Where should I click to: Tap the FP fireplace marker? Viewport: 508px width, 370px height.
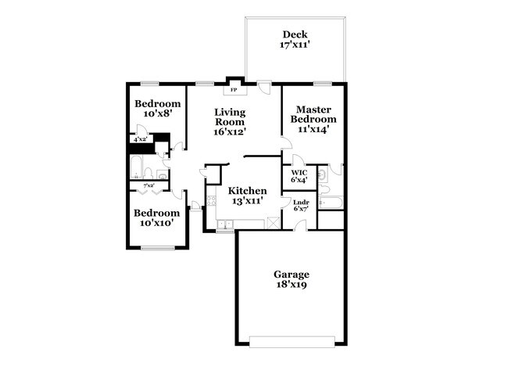point(234,90)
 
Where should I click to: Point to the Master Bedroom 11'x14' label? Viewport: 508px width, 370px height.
point(312,120)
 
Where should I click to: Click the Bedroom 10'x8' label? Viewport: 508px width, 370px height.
point(157,109)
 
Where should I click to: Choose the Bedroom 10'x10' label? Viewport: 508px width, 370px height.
point(157,217)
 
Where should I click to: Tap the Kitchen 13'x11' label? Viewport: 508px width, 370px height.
point(247,196)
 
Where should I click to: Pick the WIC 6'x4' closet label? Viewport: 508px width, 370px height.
point(299,176)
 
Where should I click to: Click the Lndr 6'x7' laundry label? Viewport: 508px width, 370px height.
point(301,206)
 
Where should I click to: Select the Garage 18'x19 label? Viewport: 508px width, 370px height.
point(291,280)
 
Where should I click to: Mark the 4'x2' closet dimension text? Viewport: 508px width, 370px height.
point(141,139)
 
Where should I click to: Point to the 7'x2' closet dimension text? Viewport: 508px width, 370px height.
point(149,185)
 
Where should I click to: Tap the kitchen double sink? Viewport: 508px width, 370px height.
point(224,225)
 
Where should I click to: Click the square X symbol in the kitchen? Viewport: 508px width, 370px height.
point(273,223)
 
